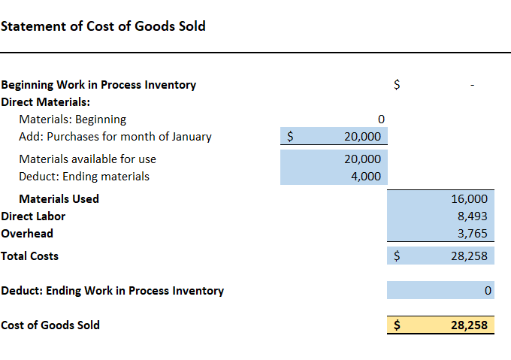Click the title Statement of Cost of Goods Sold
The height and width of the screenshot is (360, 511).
pos(103,26)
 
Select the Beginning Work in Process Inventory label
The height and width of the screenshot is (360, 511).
pos(98,85)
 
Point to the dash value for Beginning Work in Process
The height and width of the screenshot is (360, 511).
pos(472,86)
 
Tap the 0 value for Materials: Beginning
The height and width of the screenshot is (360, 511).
pos(381,119)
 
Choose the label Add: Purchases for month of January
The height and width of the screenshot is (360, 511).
pos(115,137)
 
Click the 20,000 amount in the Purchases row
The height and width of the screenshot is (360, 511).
pos(362,137)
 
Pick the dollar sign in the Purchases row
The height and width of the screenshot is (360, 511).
pos(290,137)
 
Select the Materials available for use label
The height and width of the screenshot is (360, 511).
pos(87,159)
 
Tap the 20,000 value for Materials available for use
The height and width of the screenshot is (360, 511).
pos(362,159)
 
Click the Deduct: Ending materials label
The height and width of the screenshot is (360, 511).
pos(84,177)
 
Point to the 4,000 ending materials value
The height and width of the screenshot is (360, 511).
pos(365,177)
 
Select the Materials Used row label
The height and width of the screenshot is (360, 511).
pos(59,199)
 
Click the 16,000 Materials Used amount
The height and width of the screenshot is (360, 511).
pos(472,199)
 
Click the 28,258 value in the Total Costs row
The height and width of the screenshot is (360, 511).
pos(469,256)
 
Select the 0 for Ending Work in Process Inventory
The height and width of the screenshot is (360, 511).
pos(488,290)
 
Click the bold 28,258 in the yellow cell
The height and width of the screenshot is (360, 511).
pos(469,325)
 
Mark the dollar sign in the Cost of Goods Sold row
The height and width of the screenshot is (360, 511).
pos(398,325)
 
